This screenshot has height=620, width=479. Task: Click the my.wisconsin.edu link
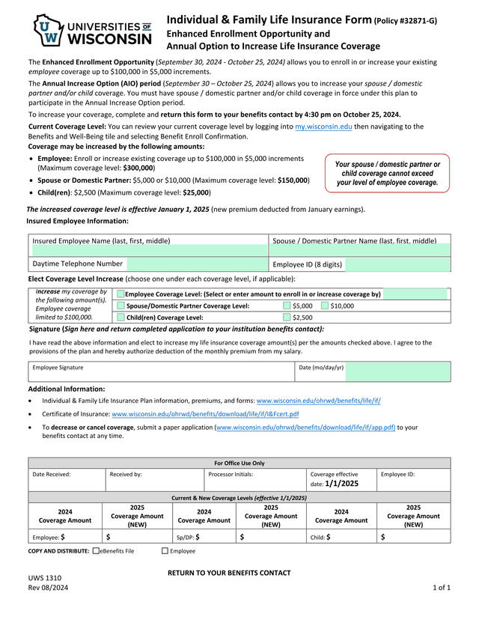click(x=323, y=127)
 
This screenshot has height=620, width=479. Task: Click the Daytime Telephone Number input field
click(x=196, y=264)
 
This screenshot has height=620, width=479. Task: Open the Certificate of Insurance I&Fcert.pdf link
click(x=205, y=414)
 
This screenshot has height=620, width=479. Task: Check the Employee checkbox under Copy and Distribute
click(x=165, y=551)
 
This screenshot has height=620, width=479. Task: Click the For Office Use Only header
click(x=239, y=464)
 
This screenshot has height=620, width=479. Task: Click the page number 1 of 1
click(x=442, y=588)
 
